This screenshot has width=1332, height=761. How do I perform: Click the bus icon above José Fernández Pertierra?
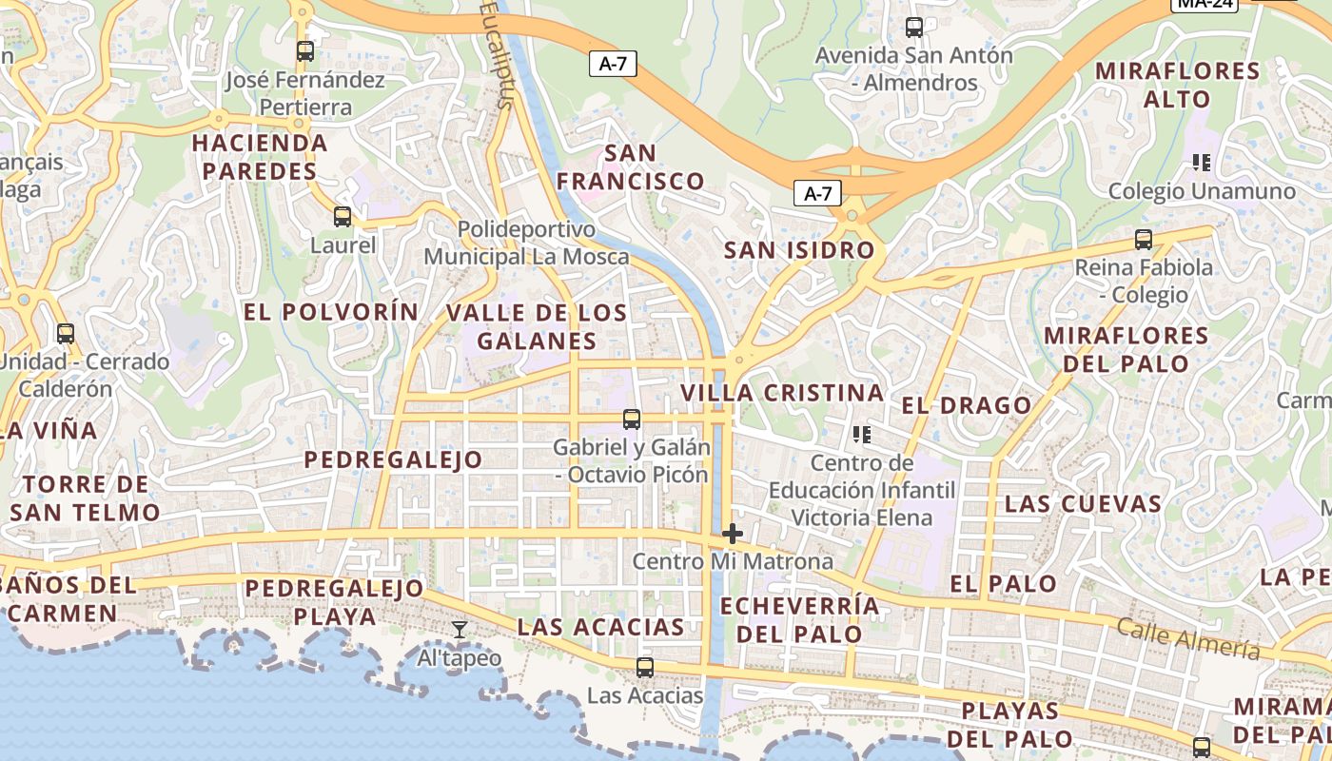[x=305, y=51]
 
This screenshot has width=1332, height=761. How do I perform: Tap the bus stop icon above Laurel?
[x=343, y=217]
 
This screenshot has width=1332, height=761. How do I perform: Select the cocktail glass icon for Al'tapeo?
[x=460, y=629]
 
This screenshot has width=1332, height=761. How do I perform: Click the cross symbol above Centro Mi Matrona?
[x=732, y=534]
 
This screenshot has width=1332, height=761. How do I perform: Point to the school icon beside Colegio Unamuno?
[x=1201, y=163]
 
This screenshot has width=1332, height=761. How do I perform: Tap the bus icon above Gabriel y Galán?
[x=631, y=419]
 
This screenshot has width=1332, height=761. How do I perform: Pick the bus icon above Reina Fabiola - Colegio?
[x=1144, y=240]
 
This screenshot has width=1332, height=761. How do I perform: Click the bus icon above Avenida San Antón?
[x=914, y=28]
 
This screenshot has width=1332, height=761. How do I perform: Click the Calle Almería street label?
[x=1187, y=637]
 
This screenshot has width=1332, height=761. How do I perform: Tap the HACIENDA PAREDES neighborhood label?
[x=259, y=157]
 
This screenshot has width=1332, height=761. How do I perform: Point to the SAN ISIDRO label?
[x=799, y=250]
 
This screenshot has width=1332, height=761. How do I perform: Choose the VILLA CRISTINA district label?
[x=782, y=393]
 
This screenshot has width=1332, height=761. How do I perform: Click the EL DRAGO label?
[x=966, y=405]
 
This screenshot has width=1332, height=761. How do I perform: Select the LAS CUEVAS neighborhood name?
[x=1084, y=503]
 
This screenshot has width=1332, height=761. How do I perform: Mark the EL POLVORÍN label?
[x=330, y=311]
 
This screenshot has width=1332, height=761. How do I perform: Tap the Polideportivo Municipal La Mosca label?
[x=526, y=243]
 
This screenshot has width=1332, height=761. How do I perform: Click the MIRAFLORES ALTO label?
[x=1177, y=85]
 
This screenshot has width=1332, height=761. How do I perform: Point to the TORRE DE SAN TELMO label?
[x=86, y=498]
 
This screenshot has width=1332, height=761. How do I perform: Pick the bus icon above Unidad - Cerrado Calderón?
[x=66, y=334]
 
